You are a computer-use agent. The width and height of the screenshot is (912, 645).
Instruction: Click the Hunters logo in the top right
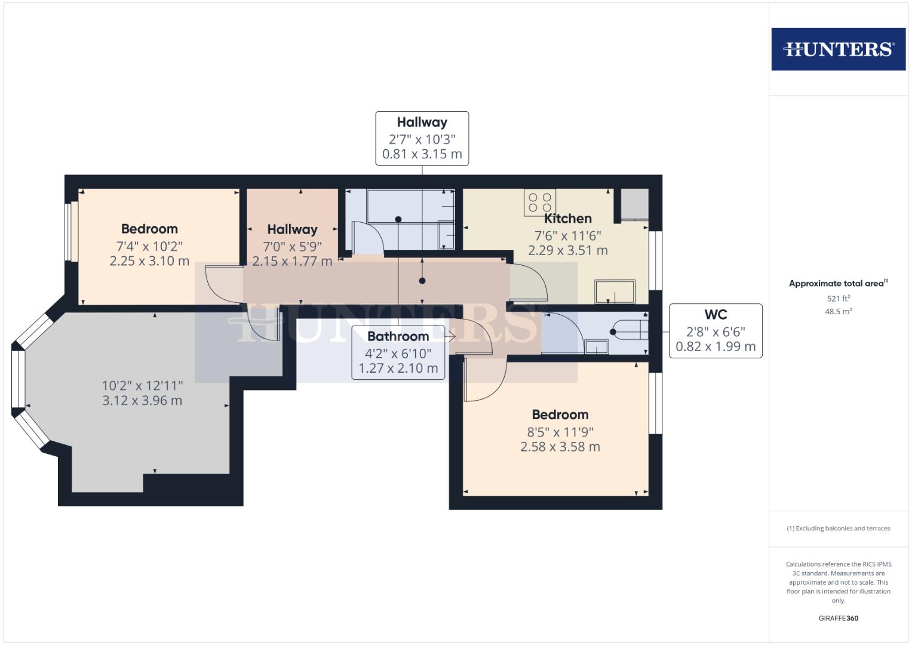click(838, 49)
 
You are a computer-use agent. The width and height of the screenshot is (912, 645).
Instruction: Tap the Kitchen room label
click(567, 219)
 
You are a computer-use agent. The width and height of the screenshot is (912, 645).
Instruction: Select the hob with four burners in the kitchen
click(540, 202)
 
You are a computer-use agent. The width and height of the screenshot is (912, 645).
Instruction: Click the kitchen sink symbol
click(615, 292)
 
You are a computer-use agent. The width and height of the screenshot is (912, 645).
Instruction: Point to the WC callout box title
click(715, 315)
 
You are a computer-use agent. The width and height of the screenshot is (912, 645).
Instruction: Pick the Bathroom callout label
click(398, 336)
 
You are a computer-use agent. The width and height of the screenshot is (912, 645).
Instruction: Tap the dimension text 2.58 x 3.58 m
click(560, 447)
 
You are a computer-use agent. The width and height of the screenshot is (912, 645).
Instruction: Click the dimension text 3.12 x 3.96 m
click(142, 401)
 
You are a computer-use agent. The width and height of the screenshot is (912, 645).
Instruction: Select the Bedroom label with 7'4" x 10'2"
click(149, 229)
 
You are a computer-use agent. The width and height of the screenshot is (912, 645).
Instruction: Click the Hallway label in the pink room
click(292, 229)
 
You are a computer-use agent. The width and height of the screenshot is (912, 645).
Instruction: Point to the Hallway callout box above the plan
click(422, 138)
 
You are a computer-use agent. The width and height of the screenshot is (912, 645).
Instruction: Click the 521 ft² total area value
click(838, 299)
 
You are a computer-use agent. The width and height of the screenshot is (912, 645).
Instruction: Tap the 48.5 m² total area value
click(838, 312)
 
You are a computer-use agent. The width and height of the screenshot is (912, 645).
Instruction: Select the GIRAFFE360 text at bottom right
click(838, 618)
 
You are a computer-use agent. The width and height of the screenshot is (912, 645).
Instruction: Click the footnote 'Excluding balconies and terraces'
click(838, 529)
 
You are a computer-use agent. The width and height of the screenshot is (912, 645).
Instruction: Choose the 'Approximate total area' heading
click(838, 284)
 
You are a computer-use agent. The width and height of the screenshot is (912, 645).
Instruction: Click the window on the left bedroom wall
click(71, 231)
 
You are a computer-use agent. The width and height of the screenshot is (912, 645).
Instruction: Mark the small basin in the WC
click(596, 347)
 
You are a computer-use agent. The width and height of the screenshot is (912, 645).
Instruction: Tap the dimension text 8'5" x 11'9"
click(560, 431)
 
